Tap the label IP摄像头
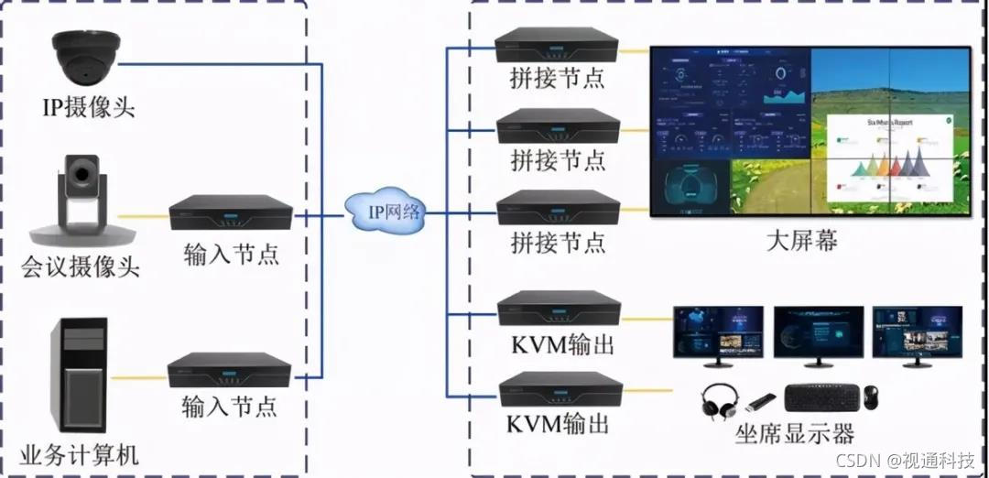pyautogui.click(x=88, y=109)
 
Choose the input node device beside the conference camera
pyautogui.click(x=230, y=212)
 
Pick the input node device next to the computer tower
pyautogui.click(x=229, y=370)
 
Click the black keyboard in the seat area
pyautogui.click(x=822, y=397)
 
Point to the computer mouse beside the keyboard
pyautogui.click(x=871, y=397)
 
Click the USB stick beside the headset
pyautogui.click(x=762, y=401)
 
